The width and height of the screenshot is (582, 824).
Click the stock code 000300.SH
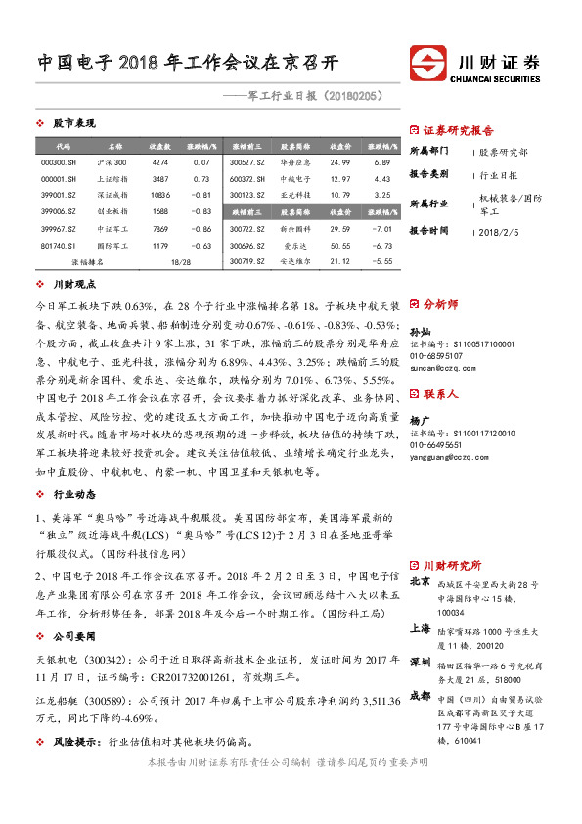click(x=58, y=161)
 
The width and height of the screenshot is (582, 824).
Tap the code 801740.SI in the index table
click(x=58, y=246)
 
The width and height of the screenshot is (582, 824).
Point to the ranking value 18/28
click(x=180, y=262)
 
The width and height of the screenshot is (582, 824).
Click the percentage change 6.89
click(x=381, y=161)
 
